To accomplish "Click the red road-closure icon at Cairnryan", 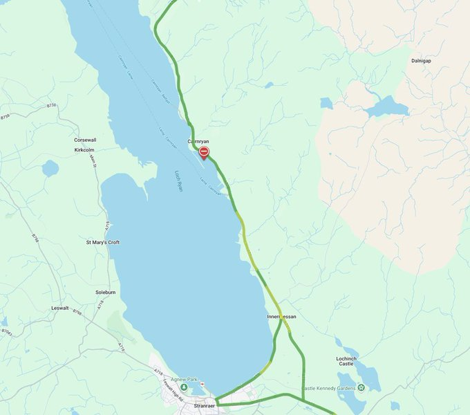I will (203, 152).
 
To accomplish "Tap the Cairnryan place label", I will (198, 141).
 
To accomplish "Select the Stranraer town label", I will (205, 407).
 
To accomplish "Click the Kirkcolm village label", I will (84, 149).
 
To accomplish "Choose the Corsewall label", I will (86, 140).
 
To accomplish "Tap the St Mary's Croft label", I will (102, 243).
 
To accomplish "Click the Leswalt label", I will (60, 308).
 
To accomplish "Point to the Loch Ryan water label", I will (178, 180).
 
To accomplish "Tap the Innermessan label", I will (281, 317).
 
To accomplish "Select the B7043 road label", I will (6, 333).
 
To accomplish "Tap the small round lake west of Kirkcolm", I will (50, 168).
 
